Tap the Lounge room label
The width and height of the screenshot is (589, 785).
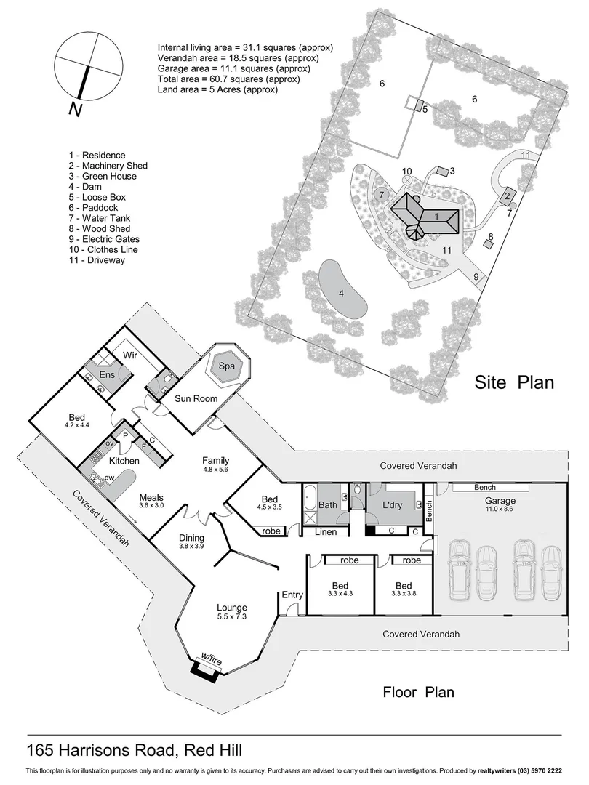[232, 608]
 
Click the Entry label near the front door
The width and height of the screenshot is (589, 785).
[292, 595]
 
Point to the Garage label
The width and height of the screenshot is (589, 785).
[500, 501]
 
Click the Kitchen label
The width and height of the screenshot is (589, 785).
[124, 461]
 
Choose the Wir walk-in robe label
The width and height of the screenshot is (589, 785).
[130, 355]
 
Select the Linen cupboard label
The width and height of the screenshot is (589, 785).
[326, 532]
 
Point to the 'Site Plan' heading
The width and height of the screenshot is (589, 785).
[514, 382]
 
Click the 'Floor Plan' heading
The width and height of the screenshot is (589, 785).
[418, 691]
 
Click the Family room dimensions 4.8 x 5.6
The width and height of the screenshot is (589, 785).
[216, 470]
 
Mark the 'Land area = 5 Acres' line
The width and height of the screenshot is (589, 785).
[217, 90]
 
